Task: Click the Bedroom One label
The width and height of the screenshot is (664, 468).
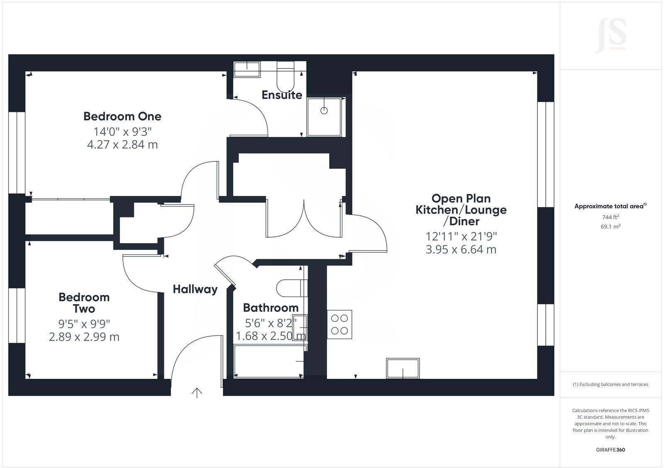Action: pos(122,116)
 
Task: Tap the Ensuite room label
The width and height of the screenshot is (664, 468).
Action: pos(282,95)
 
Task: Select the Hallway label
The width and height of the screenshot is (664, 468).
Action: pos(195,289)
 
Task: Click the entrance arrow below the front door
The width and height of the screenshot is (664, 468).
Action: pos(197,392)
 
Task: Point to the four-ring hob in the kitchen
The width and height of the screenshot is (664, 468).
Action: pos(339,324)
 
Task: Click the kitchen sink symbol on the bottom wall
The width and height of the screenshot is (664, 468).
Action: pos(403,368)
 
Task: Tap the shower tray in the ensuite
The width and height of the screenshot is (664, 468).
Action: pos(324,117)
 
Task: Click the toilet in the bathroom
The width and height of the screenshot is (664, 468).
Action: pos(290,288)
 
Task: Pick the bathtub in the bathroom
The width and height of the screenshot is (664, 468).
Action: pos(269,361)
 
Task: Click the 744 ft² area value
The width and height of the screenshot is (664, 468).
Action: pos(610,217)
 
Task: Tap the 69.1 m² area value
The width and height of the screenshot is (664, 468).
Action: pos(610,227)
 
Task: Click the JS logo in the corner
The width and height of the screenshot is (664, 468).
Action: pos(610,36)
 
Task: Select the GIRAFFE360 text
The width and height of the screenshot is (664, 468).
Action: pos(610,450)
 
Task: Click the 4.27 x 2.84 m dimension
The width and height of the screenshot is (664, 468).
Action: pos(122,145)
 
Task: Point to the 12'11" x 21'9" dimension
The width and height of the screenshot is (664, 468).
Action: pos(461,236)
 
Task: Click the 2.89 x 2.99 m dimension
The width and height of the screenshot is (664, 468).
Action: pos(84,337)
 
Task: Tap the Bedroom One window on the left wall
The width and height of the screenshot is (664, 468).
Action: pos(17,152)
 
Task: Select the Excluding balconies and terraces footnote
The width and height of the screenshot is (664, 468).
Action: pos(610,385)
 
